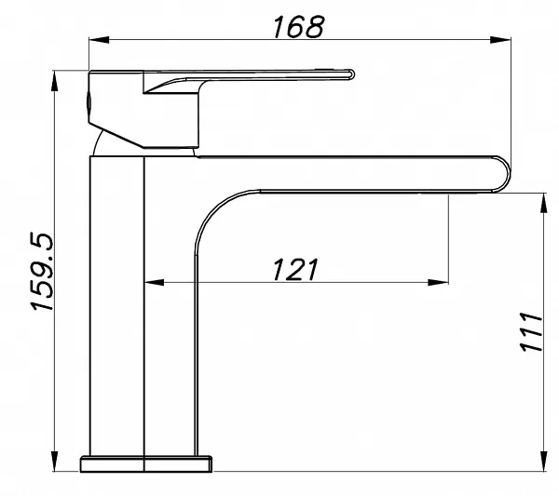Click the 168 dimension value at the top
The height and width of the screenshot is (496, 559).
point(299,26)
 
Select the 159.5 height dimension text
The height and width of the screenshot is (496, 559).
point(42,273)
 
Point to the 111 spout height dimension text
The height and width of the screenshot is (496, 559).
point(531,332)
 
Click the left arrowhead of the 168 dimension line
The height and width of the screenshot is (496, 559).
point(99,39)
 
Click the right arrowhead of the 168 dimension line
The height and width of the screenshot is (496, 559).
point(500,39)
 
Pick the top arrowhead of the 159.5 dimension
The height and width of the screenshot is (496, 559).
point(54,81)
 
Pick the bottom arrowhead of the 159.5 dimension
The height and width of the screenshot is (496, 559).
point(54,462)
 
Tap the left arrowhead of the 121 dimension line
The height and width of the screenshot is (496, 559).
point(155,282)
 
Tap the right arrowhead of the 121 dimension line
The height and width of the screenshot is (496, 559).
point(438,282)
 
